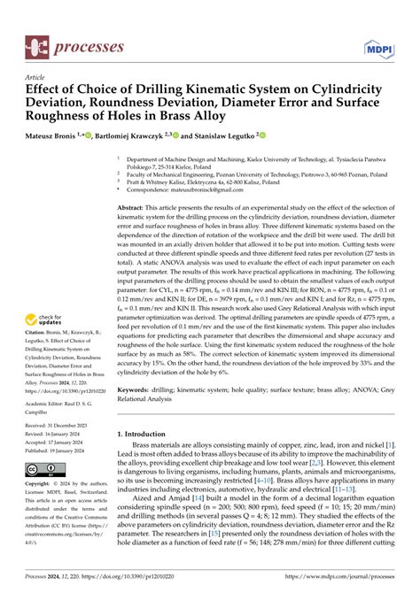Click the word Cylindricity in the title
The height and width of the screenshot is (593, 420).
pos(354,89)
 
